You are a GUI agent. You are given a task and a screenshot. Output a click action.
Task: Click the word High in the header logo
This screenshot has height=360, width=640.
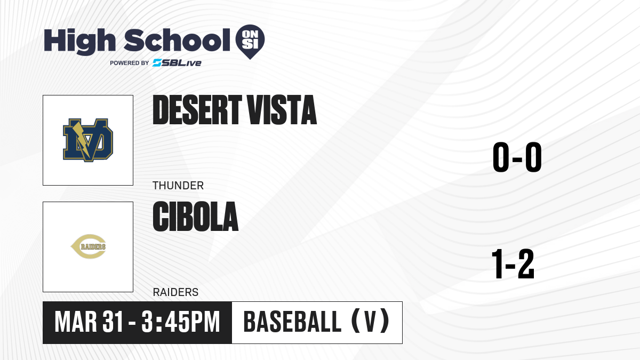click(x=79, y=42)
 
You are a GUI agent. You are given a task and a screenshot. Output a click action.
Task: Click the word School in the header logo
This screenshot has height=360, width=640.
click(x=177, y=40)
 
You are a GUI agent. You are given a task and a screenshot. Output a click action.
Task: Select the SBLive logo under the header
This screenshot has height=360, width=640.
click(x=177, y=63)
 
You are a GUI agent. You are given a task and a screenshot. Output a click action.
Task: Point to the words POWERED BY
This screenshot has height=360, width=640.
click(x=130, y=63)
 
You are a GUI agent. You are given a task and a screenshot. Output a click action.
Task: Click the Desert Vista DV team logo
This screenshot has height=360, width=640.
click(x=88, y=140)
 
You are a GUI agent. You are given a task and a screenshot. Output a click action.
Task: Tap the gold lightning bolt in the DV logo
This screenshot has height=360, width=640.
click(x=82, y=139)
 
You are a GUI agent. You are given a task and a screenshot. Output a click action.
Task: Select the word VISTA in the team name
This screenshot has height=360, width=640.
click(x=282, y=110)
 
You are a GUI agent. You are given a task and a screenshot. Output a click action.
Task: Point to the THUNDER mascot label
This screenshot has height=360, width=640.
click(x=178, y=186)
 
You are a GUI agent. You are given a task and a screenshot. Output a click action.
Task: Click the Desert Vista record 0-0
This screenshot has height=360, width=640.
click(x=517, y=157)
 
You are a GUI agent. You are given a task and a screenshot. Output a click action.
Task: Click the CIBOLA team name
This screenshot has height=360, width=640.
click(x=195, y=217)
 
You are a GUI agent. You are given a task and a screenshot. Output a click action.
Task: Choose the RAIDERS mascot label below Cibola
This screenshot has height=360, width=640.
click(x=175, y=292)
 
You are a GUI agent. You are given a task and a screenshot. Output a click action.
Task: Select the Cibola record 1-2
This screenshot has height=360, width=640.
click(x=513, y=263)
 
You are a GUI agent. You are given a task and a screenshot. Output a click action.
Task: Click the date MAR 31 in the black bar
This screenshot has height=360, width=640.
click(x=89, y=322)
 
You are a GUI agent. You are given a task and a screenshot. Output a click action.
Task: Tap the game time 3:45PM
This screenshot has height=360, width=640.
click(x=181, y=322)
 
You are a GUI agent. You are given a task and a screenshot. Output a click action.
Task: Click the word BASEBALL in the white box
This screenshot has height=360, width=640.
click(x=292, y=322)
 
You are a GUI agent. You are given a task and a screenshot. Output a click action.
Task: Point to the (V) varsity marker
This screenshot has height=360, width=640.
click(x=370, y=322)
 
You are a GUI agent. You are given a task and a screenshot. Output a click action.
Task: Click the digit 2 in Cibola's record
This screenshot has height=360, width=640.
click(x=526, y=263)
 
